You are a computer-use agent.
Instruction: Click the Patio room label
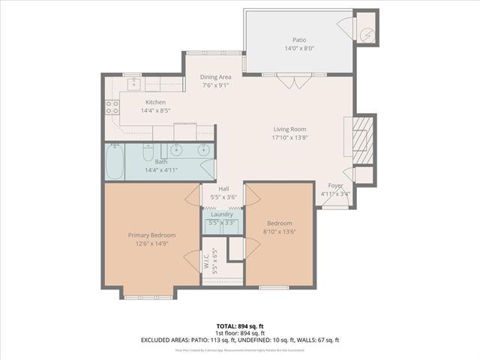(x=299, y=40)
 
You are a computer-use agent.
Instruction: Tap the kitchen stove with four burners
(x=112, y=107)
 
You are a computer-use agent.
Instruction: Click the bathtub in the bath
(x=114, y=162)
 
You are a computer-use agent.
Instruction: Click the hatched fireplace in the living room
(x=364, y=137)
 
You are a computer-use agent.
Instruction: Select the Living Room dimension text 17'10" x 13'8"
(x=289, y=137)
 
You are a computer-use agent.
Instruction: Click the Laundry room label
(x=221, y=214)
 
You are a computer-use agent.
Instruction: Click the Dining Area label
(x=216, y=76)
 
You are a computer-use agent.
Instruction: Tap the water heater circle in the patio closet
(x=366, y=34)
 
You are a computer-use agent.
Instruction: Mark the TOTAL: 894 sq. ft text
(x=240, y=326)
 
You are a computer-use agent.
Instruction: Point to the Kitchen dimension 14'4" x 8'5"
(x=155, y=111)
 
